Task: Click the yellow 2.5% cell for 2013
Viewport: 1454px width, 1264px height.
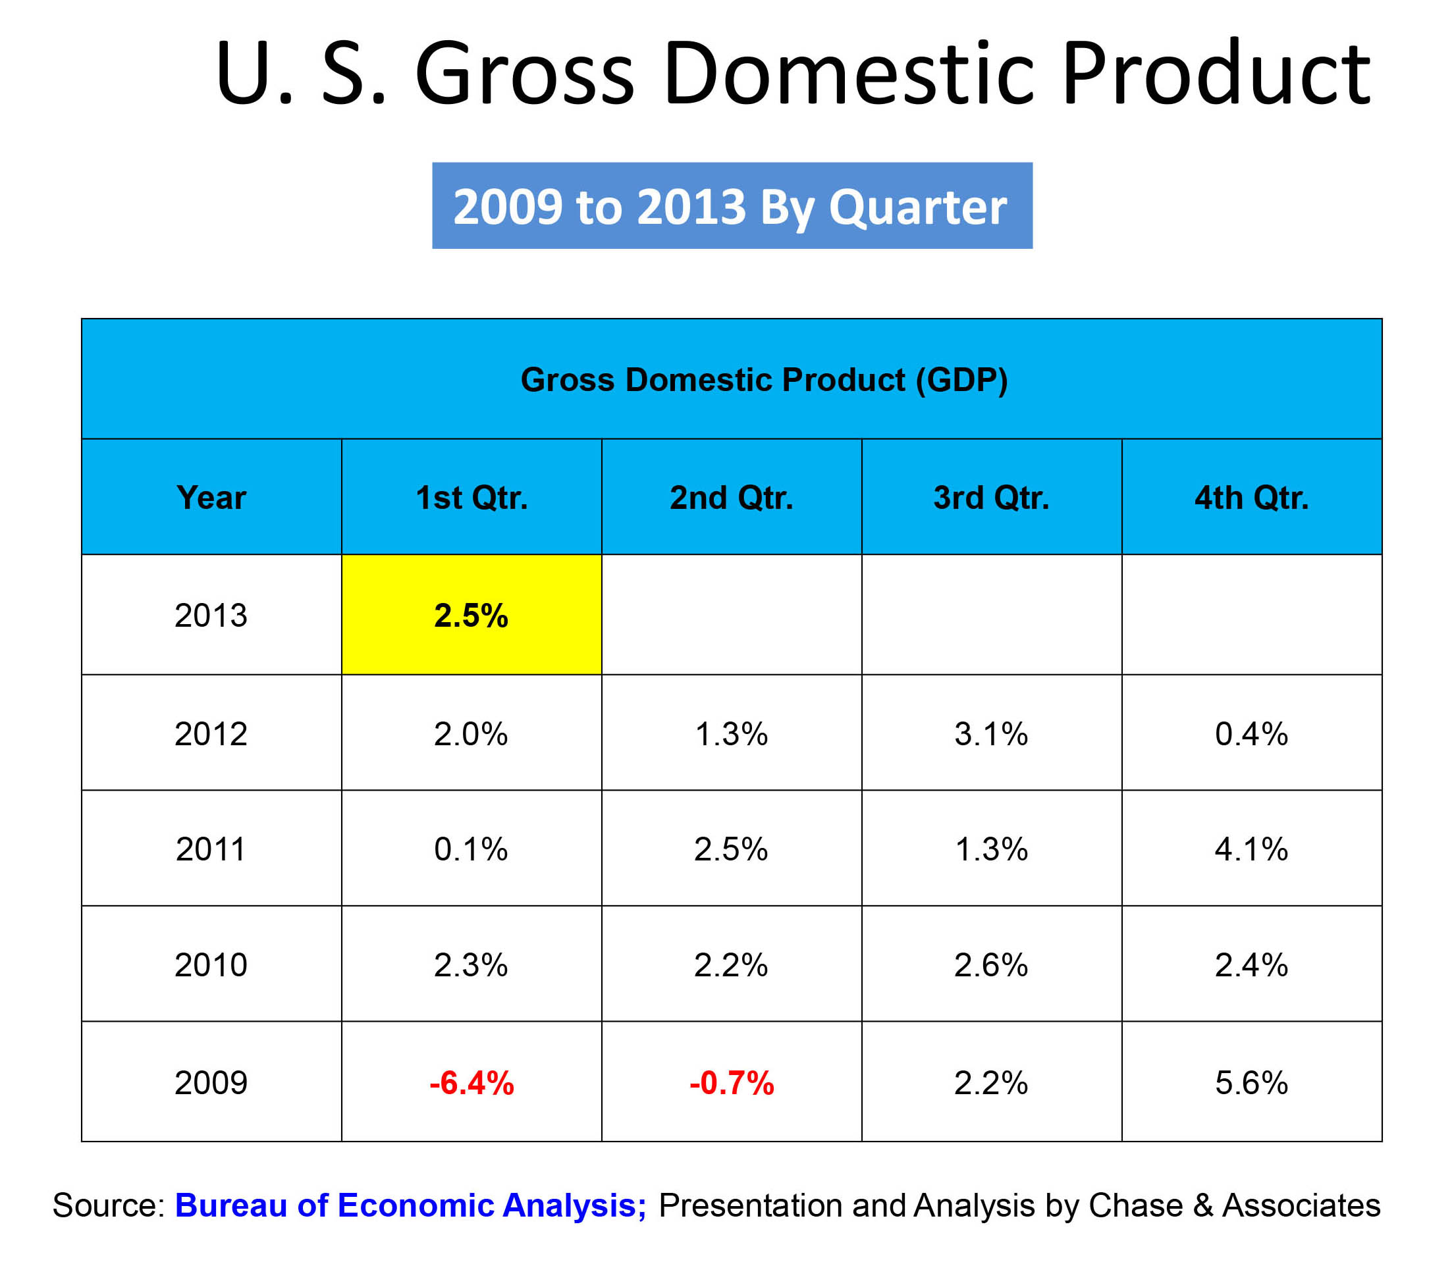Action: [471, 615]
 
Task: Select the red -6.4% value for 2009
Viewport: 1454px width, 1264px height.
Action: [471, 1083]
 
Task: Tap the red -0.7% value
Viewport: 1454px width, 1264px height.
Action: [732, 1083]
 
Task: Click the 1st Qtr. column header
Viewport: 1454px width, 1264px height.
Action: [471, 497]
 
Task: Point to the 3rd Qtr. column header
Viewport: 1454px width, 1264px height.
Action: [991, 497]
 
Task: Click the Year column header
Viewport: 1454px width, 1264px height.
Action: [211, 497]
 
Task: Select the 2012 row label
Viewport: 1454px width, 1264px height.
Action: [211, 733]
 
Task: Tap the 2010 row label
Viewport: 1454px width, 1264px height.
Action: [211, 964]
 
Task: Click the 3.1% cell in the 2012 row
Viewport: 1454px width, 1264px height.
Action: [991, 733]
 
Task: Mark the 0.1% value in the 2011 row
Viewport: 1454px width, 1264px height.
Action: [471, 849]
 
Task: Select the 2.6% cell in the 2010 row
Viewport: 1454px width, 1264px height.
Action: [991, 964]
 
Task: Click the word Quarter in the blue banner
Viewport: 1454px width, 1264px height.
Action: [917, 207]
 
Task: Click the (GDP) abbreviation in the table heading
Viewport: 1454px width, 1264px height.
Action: [961, 379]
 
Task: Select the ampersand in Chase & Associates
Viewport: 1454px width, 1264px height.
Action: [1202, 1205]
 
